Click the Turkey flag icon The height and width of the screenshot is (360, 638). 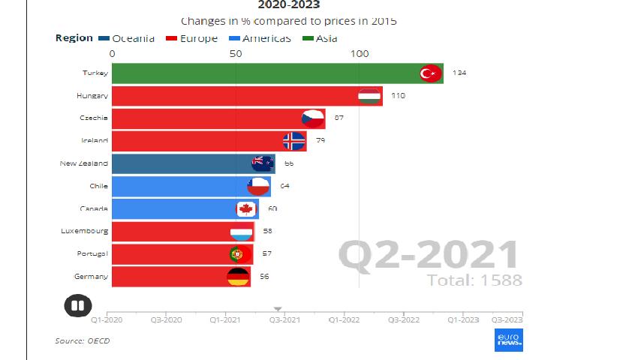pyautogui.click(x=429, y=73)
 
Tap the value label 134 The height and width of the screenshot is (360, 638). pyautogui.click(x=459, y=73)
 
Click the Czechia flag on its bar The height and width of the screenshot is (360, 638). pyautogui.click(x=312, y=118)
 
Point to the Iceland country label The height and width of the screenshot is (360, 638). pyautogui.click(x=95, y=140)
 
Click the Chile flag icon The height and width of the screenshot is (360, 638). pyautogui.click(x=258, y=186)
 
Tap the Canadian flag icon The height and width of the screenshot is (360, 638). pyautogui.click(x=246, y=208)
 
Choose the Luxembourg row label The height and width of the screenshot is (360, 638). pyautogui.click(x=85, y=231)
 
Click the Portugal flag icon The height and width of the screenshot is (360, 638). pyautogui.click(x=239, y=254)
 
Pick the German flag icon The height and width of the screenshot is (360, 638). pyautogui.click(x=238, y=277)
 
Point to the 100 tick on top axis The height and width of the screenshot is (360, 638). pyautogui.click(x=360, y=53)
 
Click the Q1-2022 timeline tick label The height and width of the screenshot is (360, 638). pyautogui.click(x=344, y=319)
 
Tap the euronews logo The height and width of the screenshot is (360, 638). pyautogui.click(x=508, y=339)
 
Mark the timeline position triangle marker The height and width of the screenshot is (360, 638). pyautogui.click(x=277, y=308)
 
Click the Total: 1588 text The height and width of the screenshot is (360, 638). pyautogui.click(x=474, y=280)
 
